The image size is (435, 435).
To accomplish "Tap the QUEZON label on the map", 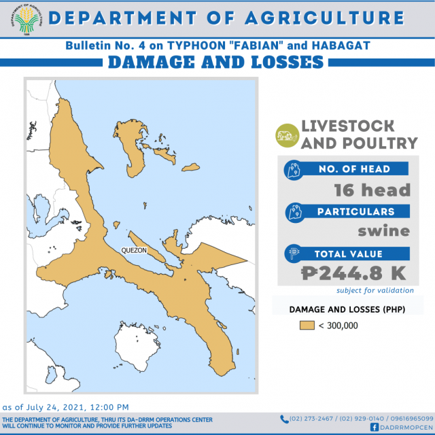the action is (x=134, y=251).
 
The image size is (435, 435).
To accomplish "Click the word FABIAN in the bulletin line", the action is (x=257, y=46).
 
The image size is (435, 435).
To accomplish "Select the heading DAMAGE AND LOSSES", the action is (x=215, y=62).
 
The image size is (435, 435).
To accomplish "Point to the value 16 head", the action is (x=372, y=190).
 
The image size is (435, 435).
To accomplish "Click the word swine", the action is (x=383, y=231).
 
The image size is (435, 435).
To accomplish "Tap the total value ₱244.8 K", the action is (x=353, y=273).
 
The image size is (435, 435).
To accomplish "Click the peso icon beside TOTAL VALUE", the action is (x=294, y=254).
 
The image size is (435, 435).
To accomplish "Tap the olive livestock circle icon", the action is (x=288, y=135).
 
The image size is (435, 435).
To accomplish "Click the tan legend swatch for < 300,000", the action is (x=307, y=325).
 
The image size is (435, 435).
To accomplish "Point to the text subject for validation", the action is (x=375, y=290).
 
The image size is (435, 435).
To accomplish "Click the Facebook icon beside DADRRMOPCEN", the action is (x=375, y=428).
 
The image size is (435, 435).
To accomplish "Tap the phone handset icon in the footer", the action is (x=284, y=419).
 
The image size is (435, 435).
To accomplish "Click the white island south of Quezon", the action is (x=137, y=346).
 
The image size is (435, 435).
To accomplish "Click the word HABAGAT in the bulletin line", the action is (x=341, y=46).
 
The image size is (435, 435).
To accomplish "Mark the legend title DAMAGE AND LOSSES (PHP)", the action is (x=347, y=309).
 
